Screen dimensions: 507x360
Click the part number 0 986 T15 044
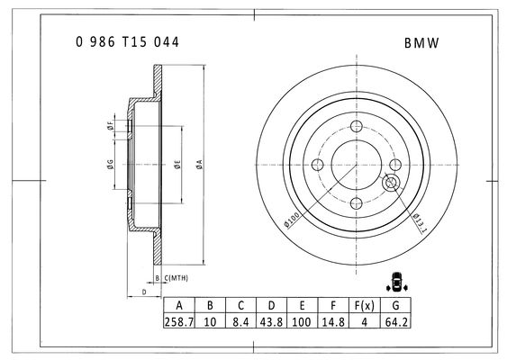[127, 42]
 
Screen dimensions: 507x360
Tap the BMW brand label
[421, 43]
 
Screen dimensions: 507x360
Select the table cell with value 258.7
[179, 322]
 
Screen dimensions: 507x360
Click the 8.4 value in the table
[240, 322]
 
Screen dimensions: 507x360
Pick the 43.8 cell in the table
[271, 322]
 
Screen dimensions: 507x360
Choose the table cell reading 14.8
[333, 322]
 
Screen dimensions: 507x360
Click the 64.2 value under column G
[396, 322]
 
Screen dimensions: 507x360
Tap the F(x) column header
[364, 305]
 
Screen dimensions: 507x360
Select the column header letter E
[302, 305]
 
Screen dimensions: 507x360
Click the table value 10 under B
[210, 322]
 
